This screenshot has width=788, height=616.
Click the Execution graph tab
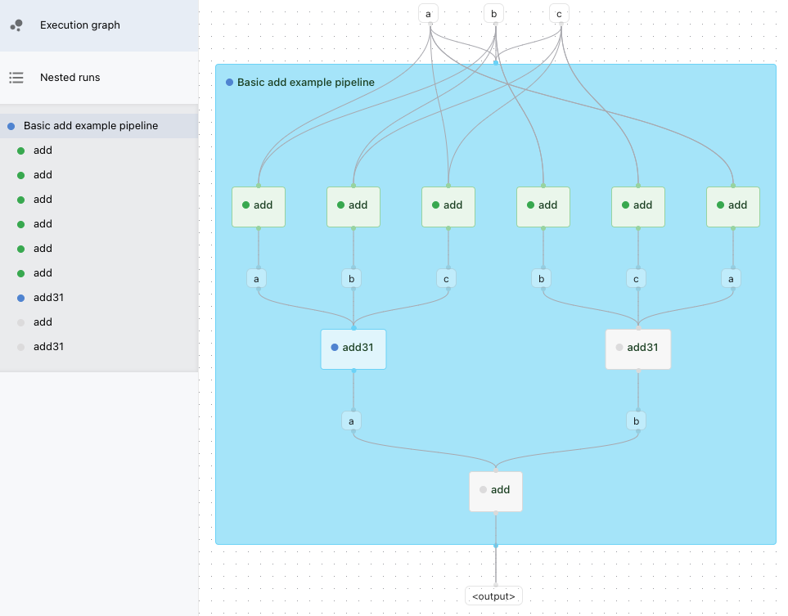[x=79, y=25]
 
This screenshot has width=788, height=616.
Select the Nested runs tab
[x=70, y=78]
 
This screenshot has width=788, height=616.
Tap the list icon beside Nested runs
[x=16, y=78]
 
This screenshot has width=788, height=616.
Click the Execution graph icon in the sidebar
[x=16, y=25]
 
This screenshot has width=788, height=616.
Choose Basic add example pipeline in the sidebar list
[x=90, y=126]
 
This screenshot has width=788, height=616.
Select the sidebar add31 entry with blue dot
[x=48, y=298]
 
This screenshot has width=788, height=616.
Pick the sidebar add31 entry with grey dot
[x=48, y=347]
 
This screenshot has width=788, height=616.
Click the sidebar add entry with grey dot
[x=43, y=322]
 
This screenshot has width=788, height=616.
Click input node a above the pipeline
[x=428, y=14]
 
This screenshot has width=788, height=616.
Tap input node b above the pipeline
[x=493, y=14]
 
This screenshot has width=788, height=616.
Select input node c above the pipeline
[x=559, y=14]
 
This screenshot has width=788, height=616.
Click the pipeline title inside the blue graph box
[x=305, y=83]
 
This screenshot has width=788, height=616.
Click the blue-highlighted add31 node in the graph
[x=353, y=348]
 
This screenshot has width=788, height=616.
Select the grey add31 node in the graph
[x=638, y=348]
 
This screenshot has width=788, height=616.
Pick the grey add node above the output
[x=496, y=491]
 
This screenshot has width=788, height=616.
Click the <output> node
[x=493, y=596]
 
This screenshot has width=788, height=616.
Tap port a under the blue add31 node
[x=351, y=421]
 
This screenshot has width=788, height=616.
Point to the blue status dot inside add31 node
[x=335, y=348]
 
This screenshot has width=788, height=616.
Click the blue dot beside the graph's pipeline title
[x=230, y=83]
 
